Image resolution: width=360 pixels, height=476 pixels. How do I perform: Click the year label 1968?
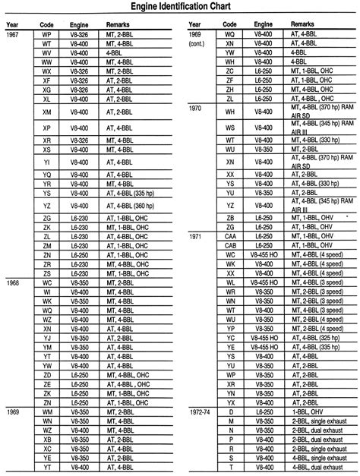click(x=13, y=282)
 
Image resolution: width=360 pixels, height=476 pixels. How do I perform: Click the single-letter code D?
click(x=230, y=410)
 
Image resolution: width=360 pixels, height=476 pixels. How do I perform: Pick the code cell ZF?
click(x=230, y=79)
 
